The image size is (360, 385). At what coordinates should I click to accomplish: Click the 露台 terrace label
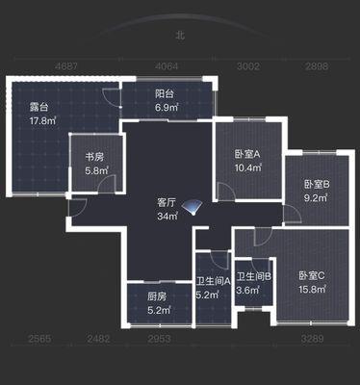39,107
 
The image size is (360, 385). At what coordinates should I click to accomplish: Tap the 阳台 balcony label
165,94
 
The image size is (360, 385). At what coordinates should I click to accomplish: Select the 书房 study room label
94,157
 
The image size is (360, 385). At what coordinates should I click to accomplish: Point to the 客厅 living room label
167,203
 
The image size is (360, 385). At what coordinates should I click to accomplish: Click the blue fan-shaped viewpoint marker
192,207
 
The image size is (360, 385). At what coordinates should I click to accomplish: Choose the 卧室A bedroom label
247,155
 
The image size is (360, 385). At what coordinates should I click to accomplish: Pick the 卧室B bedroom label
317,185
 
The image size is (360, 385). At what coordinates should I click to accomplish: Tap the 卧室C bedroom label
312,275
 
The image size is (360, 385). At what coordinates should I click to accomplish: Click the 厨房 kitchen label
157,296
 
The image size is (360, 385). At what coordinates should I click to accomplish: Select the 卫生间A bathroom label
214,281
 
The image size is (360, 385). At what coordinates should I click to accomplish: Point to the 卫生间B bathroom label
254,276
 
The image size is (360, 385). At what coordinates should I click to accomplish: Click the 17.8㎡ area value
42,121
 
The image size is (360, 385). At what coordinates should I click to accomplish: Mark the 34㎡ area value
167,217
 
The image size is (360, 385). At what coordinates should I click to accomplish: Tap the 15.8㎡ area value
313,290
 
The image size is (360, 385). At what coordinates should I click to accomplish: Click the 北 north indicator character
180,35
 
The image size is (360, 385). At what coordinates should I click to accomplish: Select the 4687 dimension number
66,66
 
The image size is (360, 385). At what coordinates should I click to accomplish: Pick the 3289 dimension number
313,339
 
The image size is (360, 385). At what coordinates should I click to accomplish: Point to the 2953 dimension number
159,339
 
